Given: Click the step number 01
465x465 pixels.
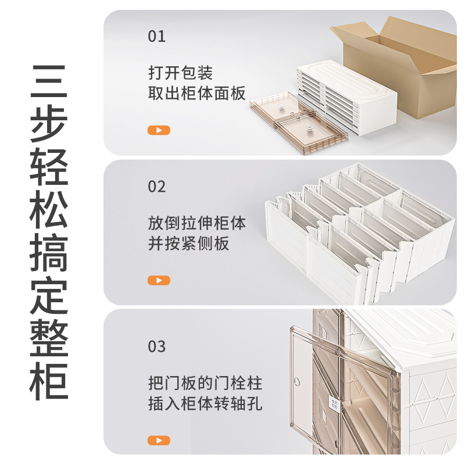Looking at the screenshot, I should [x=157, y=37].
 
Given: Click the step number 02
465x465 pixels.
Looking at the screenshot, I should [x=157, y=187].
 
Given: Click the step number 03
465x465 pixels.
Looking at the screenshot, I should [x=157, y=347].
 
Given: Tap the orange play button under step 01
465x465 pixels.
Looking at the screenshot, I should [x=159, y=130].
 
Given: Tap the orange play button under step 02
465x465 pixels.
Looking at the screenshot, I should [x=159, y=281].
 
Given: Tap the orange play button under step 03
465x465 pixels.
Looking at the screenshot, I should [x=159, y=440].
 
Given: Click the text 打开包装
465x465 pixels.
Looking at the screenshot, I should [x=180, y=73].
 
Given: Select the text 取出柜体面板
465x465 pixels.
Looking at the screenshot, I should [x=196, y=94].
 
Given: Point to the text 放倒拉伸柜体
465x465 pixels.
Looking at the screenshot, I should [x=196, y=223].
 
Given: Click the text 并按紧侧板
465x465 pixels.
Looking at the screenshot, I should [x=188, y=244].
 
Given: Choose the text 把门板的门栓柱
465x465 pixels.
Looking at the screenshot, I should [x=205, y=384].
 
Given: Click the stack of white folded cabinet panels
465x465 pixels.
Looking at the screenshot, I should [x=343, y=96].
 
